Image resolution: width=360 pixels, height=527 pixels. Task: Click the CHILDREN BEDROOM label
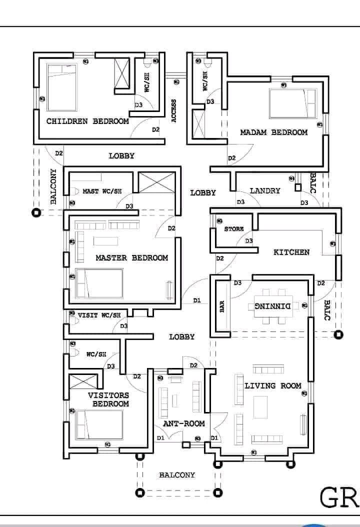click(x=87, y=121)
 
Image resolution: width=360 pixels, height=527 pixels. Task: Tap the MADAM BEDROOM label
click(x=273, y=132)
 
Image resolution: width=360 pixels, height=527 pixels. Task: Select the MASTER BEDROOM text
click(x=131, y=258)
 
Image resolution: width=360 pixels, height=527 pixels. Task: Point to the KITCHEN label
click(x=291, y=252)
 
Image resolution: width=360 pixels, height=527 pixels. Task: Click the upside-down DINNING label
click(x=273, y=305)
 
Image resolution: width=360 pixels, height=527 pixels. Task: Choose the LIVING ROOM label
click(x=273, y=385)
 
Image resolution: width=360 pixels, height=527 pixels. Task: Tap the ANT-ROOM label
click(x=184, y=423)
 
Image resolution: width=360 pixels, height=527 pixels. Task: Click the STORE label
click(x=234, y=229)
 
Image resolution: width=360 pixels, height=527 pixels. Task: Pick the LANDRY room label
click(x=265, y=190)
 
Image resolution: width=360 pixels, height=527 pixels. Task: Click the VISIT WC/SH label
click(x=99, y=315)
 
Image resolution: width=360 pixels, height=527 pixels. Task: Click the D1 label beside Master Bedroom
click(x=197, y=300)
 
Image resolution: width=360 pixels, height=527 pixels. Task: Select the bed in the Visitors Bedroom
click(x=98, y=424)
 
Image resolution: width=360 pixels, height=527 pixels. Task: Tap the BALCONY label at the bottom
click(x=177, y=475)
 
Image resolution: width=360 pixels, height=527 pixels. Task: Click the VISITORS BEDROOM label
click(x=108, y=399)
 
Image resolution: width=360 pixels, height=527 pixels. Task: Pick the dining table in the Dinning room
click(x=273, y=305)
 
